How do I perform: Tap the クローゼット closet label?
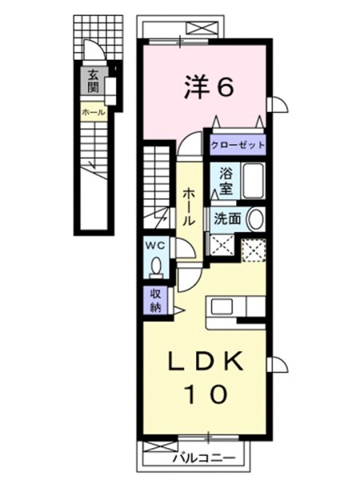pos(237,146)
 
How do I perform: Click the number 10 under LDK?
pos(205,393)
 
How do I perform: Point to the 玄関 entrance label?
pos(94,82)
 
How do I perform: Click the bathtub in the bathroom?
pos(252,180)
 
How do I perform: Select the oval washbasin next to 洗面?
pos(255,218)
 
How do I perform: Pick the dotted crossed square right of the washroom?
pos(254,250)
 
